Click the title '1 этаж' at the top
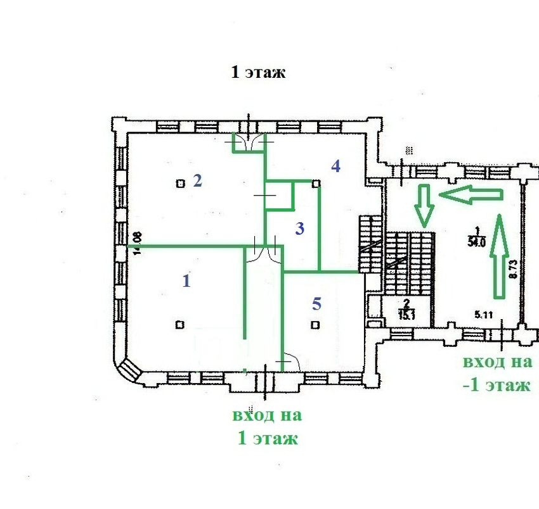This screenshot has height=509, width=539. tap(258, 72)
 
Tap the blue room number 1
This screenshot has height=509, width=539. tap(186, 280)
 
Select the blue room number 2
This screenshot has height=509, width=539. tap(197, 181)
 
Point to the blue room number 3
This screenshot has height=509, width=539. tap(300, 229)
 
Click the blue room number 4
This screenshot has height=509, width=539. tap(335, 167)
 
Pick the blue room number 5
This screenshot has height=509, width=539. tap(316, 304)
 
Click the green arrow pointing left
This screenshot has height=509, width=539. tap(470, 195)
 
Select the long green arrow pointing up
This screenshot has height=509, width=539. tap(499, 256)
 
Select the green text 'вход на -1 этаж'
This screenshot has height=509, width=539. tap(497, 374)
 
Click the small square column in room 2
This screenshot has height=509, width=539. tap(181, 184)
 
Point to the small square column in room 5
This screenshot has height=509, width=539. tap(315, 325)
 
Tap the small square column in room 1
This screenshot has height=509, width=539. tap(180, 325)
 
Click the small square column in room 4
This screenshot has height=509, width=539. tap(315, 184)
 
